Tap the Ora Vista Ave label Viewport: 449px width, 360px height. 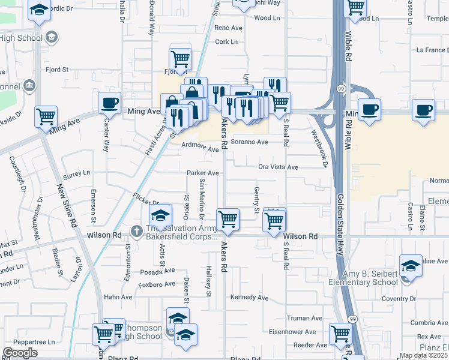(x=278, y=167)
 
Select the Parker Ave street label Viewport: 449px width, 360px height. (x=202, y=173)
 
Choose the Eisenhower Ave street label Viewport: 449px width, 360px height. (x=292, y=332)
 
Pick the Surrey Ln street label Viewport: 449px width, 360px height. (x=77, y=173)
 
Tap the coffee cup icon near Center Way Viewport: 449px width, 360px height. (x=109, y=103)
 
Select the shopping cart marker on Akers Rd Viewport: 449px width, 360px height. (x=228, y=220)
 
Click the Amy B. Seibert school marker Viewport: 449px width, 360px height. (x=411, y=266)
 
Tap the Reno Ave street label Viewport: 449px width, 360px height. (x=228, y=28)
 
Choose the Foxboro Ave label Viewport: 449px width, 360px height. (x=157, y=284)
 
